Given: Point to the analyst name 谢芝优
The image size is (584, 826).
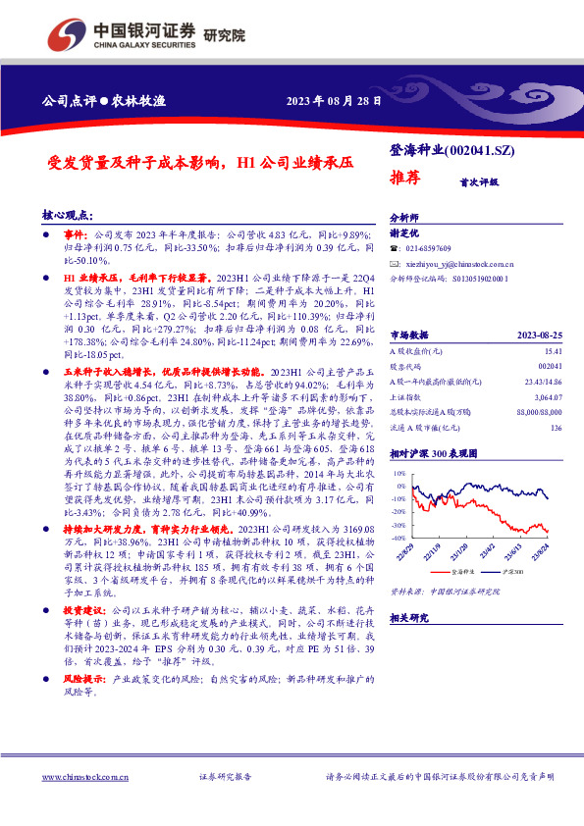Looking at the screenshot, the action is click(x=404, y=233).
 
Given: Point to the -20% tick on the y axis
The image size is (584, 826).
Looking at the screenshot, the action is click(x=398, y=511).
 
